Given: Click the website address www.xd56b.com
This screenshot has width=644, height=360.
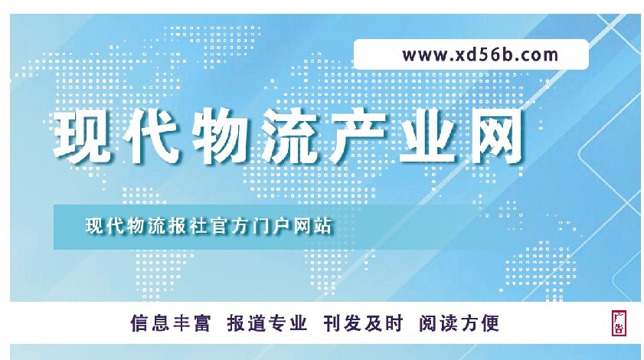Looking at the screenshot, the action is point(480,55).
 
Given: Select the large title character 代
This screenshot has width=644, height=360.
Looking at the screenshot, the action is point(152,136).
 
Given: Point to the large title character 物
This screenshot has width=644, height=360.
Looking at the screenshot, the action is point(221,136).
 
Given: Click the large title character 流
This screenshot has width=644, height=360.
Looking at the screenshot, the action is point(290,136).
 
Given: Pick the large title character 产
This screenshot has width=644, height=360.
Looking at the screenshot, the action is point(358,136).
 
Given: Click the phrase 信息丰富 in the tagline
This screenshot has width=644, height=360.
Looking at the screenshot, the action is point(171,323).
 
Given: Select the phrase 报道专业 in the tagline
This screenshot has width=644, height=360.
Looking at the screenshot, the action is point(267,323).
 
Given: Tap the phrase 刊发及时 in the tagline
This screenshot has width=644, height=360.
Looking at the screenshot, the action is point(363,323).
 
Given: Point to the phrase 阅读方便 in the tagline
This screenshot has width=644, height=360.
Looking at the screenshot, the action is point(459,323).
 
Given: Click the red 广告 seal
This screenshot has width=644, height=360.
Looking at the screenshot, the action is point(619,323).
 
